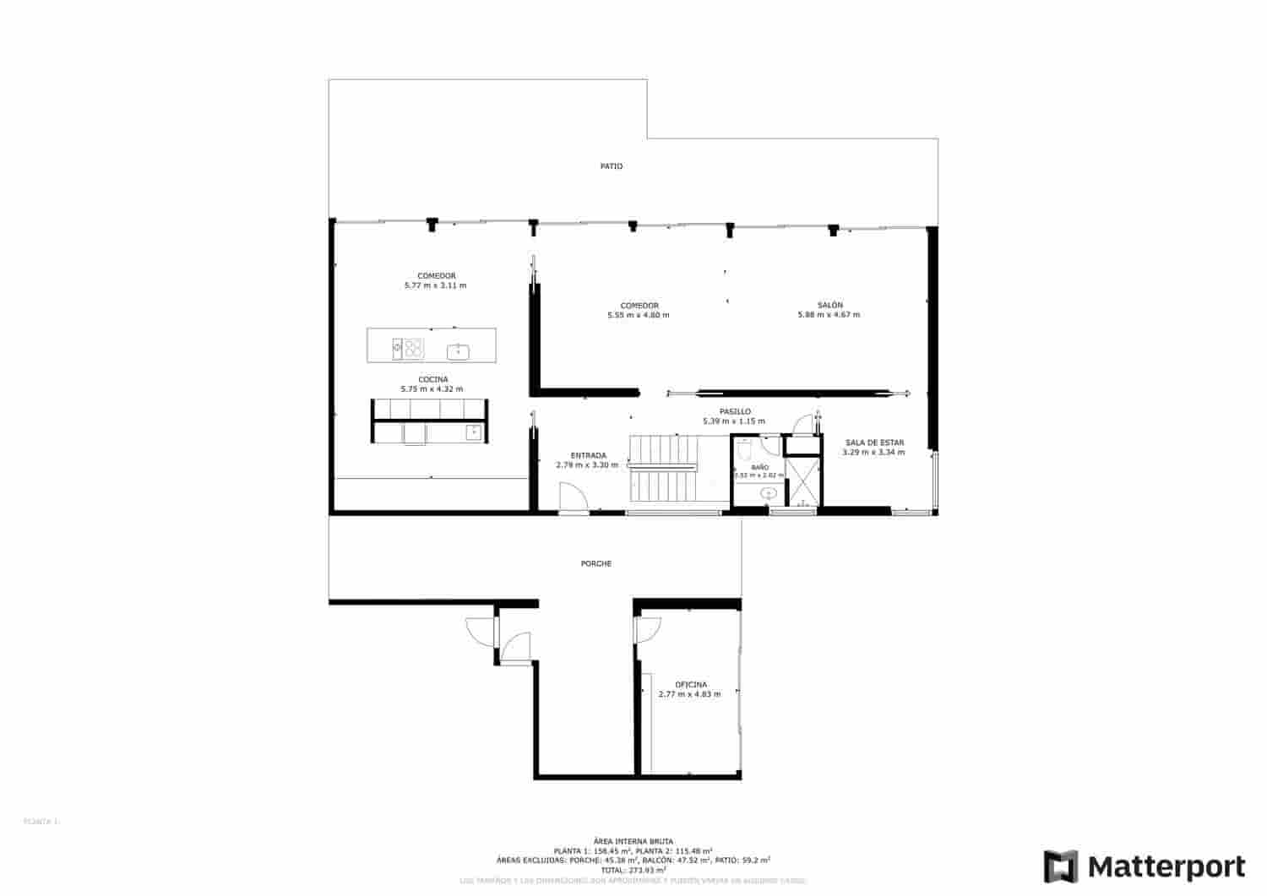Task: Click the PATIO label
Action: click(x=612, y=166)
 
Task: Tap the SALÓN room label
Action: click(x=829, y=305)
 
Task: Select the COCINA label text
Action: click(x=432, y=379)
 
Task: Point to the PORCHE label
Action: click(x=595, y=563)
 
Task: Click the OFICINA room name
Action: click(x=690, y=684)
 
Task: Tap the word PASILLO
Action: click(x=734, y=411)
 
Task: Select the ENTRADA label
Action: click(x=588, y=455)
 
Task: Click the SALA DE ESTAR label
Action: click(x=874, y=442)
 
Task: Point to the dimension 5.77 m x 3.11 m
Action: click(x=435, y=285)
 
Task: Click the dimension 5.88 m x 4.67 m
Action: click(x=829, y=315)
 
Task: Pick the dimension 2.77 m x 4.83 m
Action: click(x=689, y=694)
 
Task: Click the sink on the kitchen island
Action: click(x=458, y=350)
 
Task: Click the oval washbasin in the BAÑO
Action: click(x=769, y=492)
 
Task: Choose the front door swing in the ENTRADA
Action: click(x=574, y=497)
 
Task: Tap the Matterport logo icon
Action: click(x=1061, y=867)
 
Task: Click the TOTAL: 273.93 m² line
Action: click(x=633, y=869)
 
